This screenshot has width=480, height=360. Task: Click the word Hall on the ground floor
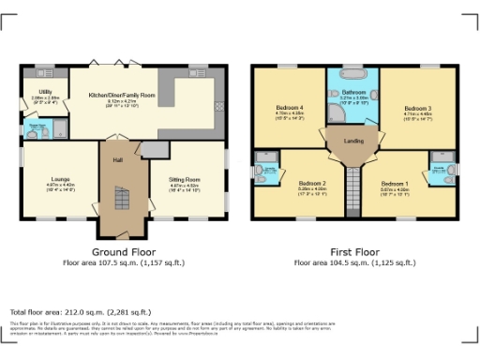(x=118, y=159)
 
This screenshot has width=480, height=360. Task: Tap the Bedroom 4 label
(x=289, y=108)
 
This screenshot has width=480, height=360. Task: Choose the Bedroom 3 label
(x=417, y=109)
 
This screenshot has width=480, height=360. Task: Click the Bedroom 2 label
(x=312, y=183)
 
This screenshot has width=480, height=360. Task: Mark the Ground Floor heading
(x=122, y=253)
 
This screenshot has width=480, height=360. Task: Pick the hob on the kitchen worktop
(x=218, y=103)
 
